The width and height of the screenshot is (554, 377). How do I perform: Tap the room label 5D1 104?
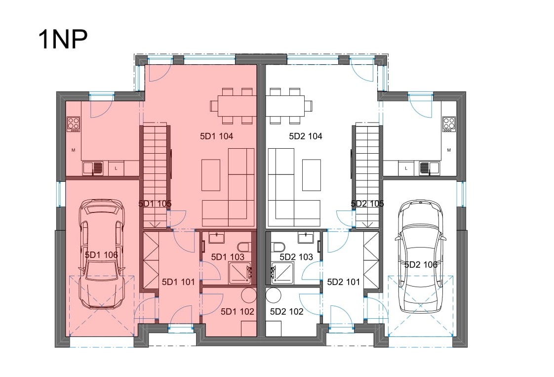click(x=216, y=136)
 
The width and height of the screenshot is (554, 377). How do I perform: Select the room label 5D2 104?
click(x=306, y=136)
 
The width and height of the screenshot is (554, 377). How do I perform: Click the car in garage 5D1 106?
click(x=101, y=253)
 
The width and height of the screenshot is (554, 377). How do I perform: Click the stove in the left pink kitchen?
click(x=74, y=125)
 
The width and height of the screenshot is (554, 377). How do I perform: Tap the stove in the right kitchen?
click(x=449, y=125)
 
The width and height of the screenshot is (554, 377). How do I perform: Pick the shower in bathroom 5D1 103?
click(x=240, y=273)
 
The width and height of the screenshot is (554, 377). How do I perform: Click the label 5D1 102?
click(x=237, y=312)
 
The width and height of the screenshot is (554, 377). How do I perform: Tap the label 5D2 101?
click(x=344, y=282)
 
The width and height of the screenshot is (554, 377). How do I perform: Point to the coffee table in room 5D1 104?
click(x=211, y=175)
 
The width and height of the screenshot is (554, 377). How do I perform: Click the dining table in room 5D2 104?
click(x=285, y=106)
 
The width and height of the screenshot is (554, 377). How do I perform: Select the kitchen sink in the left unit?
click(x=93, y=168)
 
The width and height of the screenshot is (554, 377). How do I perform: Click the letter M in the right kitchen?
click(x=449, y=150)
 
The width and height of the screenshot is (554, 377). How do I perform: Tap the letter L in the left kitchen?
click(x=116, y=168)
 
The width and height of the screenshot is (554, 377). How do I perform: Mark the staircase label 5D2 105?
click(x=367, y=204)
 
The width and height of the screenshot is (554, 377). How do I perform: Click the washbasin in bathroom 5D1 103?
click(x=216, y=238)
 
